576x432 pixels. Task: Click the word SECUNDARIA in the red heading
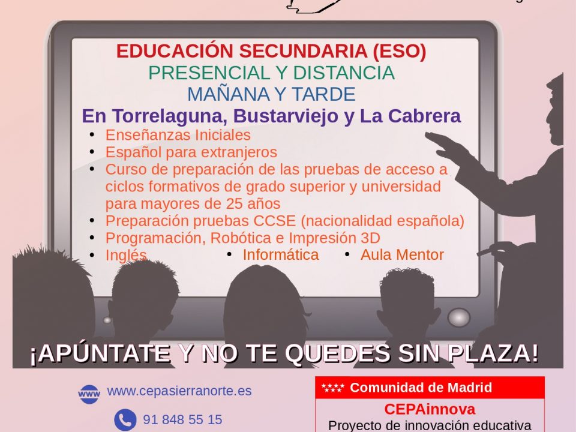pos(303,51)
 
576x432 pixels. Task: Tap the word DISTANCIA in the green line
pos(344,73)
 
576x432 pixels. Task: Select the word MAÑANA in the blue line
pos(229,94)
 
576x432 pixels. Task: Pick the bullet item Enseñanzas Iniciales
pos(178,135)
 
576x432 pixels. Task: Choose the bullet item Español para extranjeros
pos(191,152)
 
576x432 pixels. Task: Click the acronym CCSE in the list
pos(274,221)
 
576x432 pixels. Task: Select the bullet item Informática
pos(281,255)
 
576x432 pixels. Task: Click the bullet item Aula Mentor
pos(402,255)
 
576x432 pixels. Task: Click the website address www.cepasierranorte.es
pos(179,391)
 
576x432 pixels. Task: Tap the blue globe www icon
pos(89,394)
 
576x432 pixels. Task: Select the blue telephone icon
pos(125,420)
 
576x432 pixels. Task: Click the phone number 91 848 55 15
pos(182,419)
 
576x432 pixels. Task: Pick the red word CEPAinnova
pos(430,409)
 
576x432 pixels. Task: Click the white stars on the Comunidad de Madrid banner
pos(332,388)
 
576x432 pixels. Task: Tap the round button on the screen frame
pos(459,317)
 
